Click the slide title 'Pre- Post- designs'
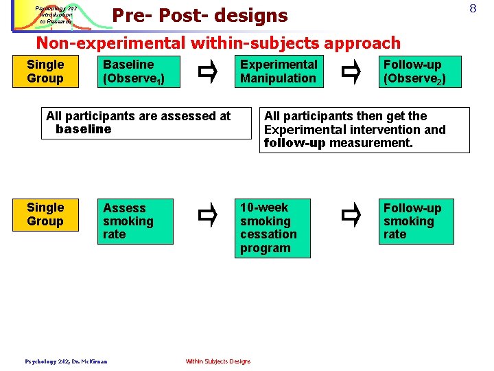200,15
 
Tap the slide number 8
473,9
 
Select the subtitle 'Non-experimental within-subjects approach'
217,43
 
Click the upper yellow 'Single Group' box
45,71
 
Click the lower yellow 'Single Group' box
45,214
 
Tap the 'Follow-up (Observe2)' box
417,71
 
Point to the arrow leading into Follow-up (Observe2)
351,71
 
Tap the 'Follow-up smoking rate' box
417,221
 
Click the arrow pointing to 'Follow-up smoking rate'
351,215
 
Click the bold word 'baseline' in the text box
83,129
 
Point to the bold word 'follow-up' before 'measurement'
294,143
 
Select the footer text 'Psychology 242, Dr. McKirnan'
66,361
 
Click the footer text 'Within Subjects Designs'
218,361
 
